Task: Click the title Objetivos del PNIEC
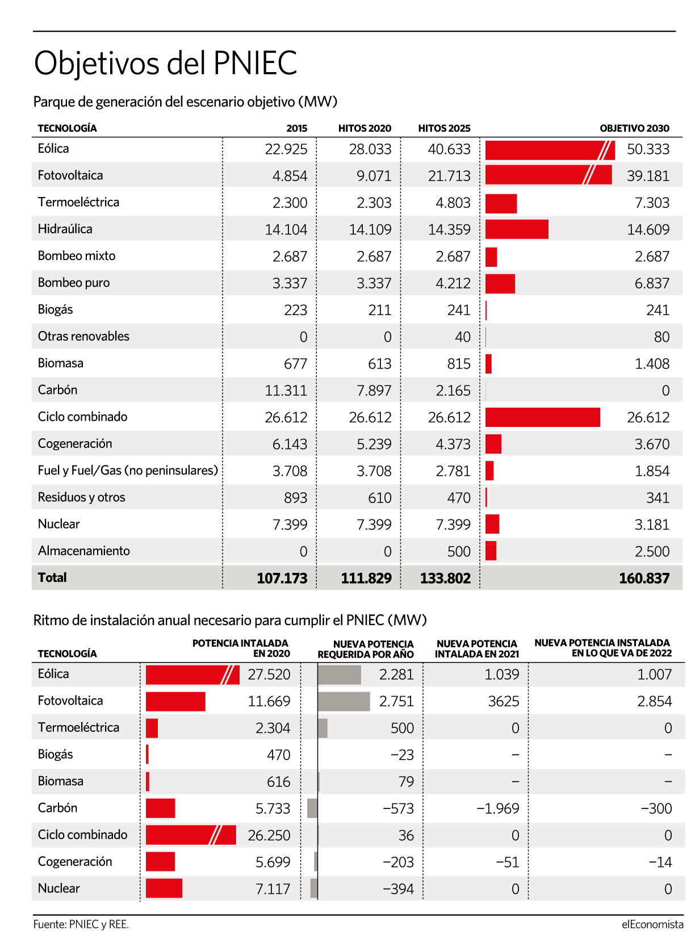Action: [165, 64]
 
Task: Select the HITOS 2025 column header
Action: [444, 128]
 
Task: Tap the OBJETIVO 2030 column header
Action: [634, 128]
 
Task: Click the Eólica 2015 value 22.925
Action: [286, 149]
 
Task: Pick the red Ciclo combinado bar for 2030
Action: [542, 417]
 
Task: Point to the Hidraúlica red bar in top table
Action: [517, 229]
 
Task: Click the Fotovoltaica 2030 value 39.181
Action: [648, 176]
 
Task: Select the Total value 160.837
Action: [644, 578]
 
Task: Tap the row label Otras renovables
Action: [83, 336]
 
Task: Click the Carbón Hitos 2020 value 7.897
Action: [374, 391]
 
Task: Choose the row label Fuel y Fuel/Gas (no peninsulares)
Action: [128, 470]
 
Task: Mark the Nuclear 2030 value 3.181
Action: [652, 525]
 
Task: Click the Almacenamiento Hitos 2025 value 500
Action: [459, 552]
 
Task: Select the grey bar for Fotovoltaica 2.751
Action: [344, 701]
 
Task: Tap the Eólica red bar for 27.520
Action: [192, 674]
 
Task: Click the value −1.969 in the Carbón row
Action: [497, 809]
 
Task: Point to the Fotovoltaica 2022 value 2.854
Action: [655, 701]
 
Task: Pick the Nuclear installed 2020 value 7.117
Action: [273, 889]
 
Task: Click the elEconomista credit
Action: [652, 925]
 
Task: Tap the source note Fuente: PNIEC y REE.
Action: [81, 925]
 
